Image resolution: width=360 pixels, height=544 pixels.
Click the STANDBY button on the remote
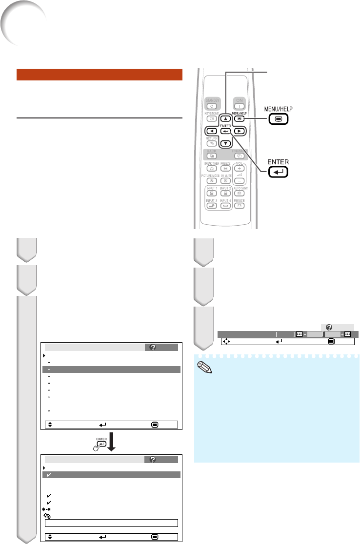point(212,106)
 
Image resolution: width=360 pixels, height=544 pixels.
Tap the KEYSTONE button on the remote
point(212,118)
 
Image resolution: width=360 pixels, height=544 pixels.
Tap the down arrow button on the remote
point(225,143)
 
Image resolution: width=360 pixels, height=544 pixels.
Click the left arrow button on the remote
point(212,131)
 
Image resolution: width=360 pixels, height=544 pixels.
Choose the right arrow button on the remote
point(239,131)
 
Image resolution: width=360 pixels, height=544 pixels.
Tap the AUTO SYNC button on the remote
point(240,207)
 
